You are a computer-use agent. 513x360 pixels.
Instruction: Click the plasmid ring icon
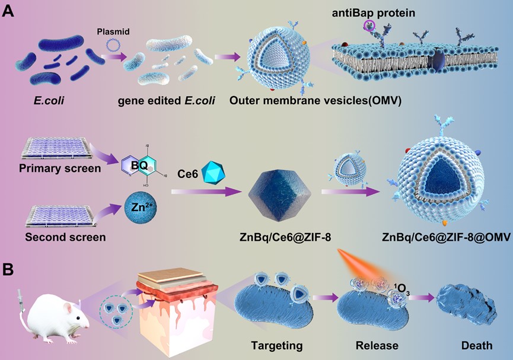pos(114,46)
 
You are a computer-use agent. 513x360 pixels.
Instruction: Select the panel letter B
pos(8,270)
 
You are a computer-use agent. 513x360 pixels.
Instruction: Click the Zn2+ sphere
pos(141,208)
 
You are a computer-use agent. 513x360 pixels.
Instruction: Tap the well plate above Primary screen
pos(55,148)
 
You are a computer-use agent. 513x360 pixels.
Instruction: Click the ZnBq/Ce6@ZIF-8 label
pos(285,237)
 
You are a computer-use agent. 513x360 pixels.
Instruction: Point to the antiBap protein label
pos(373,13)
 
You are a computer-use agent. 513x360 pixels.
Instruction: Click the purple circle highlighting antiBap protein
pos(369,25)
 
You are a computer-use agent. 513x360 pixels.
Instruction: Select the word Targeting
pos(277,346)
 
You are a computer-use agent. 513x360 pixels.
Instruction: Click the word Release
pos(377,345)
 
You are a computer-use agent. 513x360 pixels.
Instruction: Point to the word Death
pos(477,345)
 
